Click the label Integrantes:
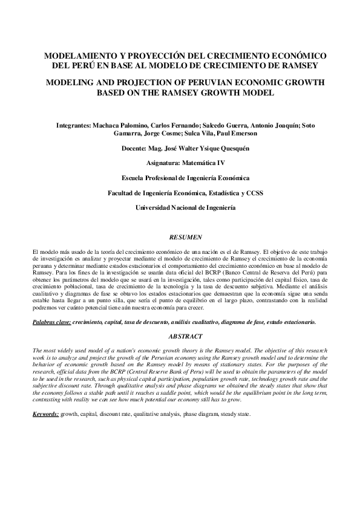click(x=73, y=124)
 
